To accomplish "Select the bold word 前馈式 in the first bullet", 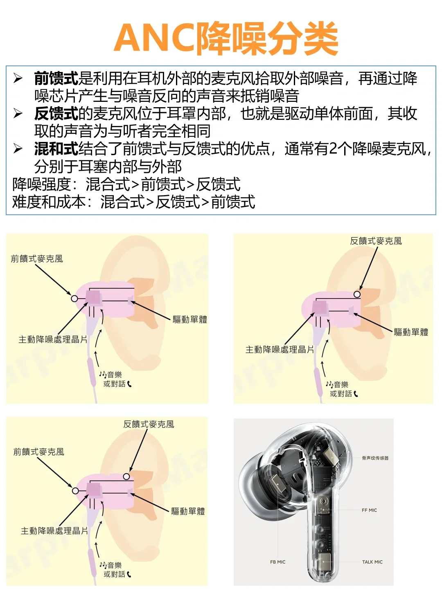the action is tap(56, 78).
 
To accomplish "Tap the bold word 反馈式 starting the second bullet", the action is tap(56, 113).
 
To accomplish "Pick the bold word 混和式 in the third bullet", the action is tap(56, 149).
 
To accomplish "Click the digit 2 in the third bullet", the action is tap(334, 149).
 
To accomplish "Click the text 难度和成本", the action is tap(49, 202).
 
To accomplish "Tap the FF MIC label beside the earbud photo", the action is tap(369, 510).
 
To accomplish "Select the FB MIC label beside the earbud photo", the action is tap(277, 562).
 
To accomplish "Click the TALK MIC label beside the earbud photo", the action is tap(372, 562).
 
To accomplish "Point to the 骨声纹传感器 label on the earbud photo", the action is tap(375, 458).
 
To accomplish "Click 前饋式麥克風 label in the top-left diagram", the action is tap(37, 259).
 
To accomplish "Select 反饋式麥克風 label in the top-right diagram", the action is tap(376, 241).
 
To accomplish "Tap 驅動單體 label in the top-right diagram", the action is tap(411, 332).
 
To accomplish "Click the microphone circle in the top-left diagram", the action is tap(74, 299).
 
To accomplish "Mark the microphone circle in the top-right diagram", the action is tap(357, 294).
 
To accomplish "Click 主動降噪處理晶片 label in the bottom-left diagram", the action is tap(54, 531).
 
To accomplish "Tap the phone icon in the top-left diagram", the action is tap(129, 384).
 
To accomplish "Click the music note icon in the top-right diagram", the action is tap(329, 384).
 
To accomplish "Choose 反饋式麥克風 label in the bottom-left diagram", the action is tap(149, 424).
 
